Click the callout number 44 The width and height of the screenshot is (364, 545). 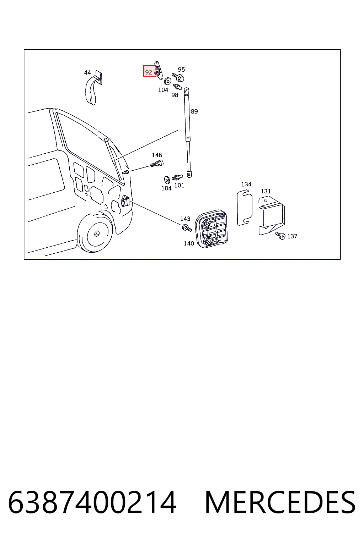coord(87,72)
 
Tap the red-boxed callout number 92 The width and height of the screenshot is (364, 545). coord(149,72)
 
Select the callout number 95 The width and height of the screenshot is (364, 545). coord(181,70)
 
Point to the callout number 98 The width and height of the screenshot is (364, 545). coord(175,95)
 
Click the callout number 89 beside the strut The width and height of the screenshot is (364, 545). coord(194,111)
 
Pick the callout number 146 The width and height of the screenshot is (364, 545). coord(157,155)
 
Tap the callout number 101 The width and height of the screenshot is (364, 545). coord(179,186)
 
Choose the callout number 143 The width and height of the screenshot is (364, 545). coord(185,219)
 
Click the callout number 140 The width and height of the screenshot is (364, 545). coord(189,243)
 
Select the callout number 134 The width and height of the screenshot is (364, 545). coord(246,184)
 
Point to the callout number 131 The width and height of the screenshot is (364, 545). coord(266,191)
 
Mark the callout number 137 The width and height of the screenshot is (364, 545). coord(292,236)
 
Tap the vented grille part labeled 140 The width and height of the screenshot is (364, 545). coord(211,229)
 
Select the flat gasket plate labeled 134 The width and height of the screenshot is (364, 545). coord(245,208)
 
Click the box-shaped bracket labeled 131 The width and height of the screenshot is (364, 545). coord(272,215)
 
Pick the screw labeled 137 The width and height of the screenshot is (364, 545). coord(280,236)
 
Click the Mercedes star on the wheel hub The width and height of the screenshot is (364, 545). coord(97,233)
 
